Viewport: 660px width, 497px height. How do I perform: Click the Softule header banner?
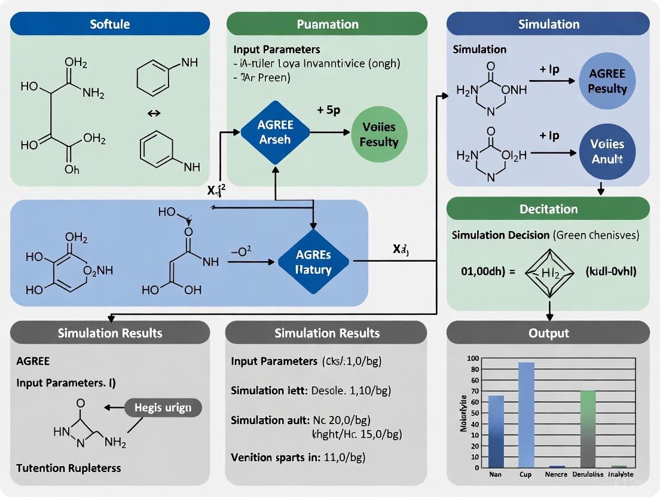(x=110, y=24)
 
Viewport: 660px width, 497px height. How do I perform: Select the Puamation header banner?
(x=327, y=24)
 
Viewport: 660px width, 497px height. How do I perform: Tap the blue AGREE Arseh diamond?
(x=275, y=133)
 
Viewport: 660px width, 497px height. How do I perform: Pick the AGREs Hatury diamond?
(x=313, y=262)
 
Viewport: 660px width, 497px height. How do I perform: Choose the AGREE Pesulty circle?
(x=607, y=81)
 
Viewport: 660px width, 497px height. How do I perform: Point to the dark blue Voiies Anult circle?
(x=607, y=152)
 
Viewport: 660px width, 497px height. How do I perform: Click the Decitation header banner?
(x=548, y=209)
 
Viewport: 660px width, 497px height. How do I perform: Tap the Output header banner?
(x=548, y=333)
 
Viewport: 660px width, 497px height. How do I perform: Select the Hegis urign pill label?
(x=163, y=407)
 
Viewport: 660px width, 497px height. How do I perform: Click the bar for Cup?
(x=526, y=415)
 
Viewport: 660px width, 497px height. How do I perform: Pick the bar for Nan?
(x=496, y=431)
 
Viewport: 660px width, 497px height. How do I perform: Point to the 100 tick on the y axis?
(x=473, y=358)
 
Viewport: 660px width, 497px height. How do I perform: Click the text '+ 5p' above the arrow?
(x=328, y=111)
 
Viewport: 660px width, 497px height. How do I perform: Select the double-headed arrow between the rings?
(x=154, y=113)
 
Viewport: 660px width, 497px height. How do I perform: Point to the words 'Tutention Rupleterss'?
(x=69, y=468)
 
